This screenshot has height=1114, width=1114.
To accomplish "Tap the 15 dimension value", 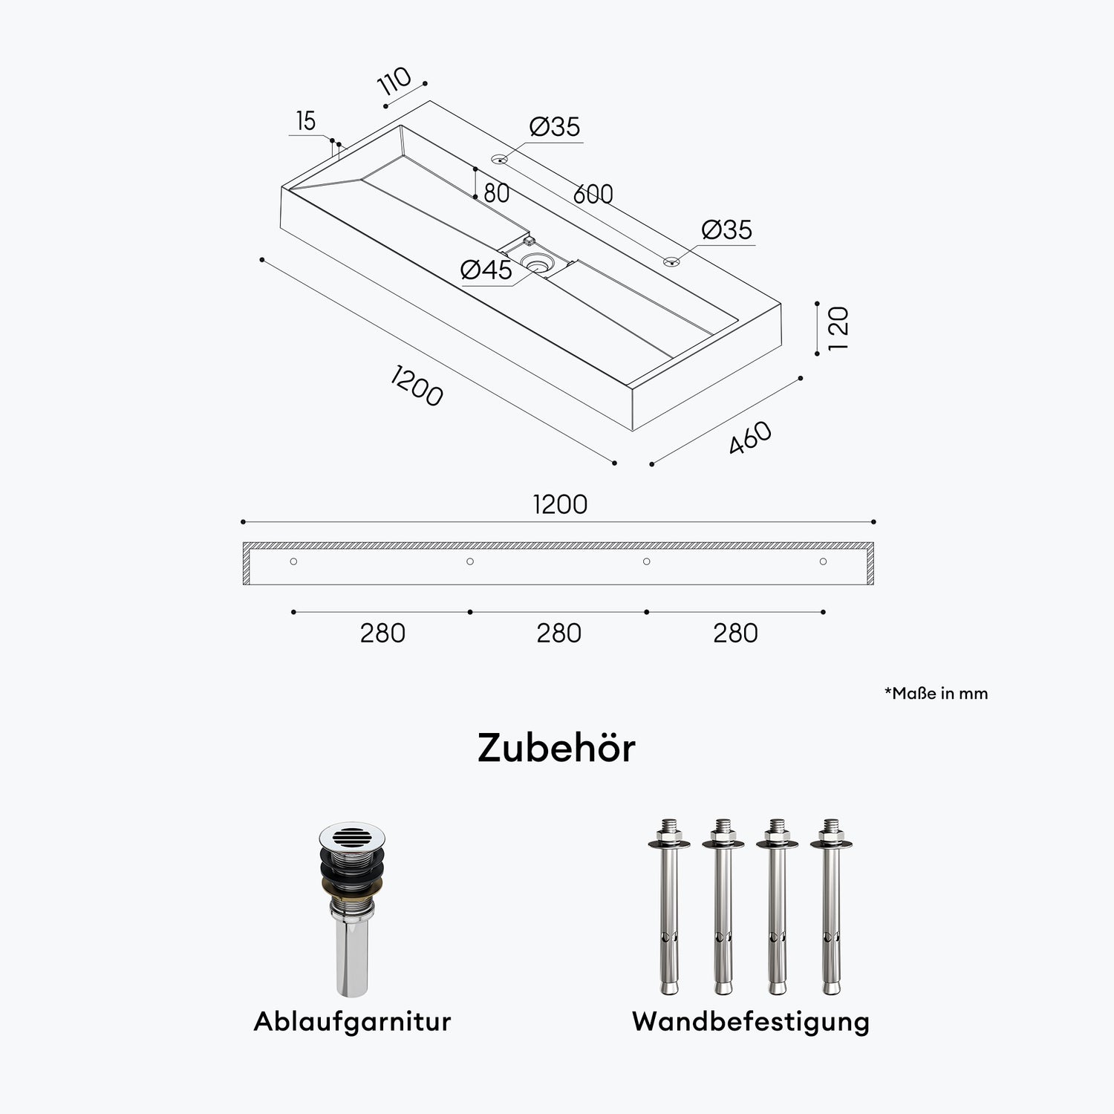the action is [x=305, y=120].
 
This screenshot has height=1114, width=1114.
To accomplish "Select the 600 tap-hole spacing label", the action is [x=593, y=194].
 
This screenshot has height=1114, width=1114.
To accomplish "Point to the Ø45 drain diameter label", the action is [x=486, y=270].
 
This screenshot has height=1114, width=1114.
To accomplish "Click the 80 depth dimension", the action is [x=496, y=193].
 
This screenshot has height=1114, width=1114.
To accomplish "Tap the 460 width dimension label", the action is [x=750, y=437].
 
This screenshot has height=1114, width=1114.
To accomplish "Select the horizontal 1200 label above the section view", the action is [x=560, y=504].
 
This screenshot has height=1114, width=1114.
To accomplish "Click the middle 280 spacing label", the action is [x=558, y=633].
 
